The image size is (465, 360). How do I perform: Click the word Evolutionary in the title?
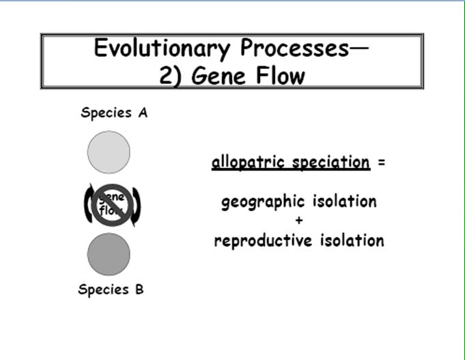click(163, 49)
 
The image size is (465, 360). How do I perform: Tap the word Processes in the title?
click(295, 48)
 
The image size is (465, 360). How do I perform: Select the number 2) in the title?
click(170, 77)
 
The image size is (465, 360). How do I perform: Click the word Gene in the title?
click(219, 76)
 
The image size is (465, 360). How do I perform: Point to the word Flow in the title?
click(280, 75)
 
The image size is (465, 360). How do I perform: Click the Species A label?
click(114, 113)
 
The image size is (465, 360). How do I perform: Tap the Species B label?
click(111, 290)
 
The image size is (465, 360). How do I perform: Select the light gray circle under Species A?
click(109, 152)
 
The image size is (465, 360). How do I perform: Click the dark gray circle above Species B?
click(109, 254)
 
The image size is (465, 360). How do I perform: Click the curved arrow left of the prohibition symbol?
click(87, 204)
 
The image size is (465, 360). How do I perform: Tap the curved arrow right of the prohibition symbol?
click(137, 206)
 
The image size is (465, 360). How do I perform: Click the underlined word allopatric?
click(249, 163)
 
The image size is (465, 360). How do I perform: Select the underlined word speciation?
click(331, 163)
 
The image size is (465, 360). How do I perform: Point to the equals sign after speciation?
click(382, 162)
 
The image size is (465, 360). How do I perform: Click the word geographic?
click(263, 202)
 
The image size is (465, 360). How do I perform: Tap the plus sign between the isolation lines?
click(299, 220)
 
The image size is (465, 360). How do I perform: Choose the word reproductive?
click(263, 241)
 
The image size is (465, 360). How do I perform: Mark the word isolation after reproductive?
click(352, 240)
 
